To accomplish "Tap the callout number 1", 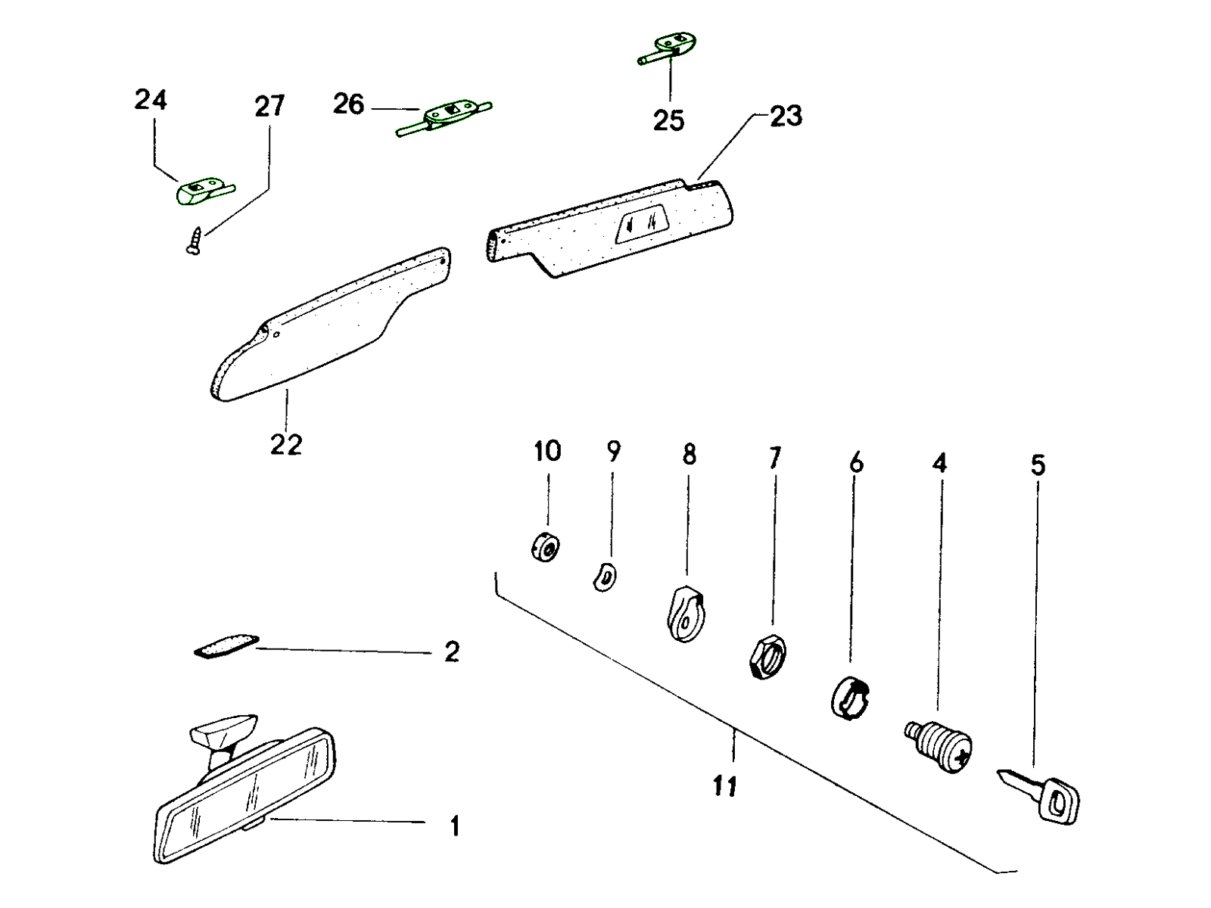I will point(454,826).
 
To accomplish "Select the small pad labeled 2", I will point(226,645).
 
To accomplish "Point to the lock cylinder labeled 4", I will point(939,746).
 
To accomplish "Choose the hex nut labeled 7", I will point(766,656).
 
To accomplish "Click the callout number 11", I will point(724,787).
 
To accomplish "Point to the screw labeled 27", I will point(194,241).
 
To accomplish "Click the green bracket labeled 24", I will point(198,191).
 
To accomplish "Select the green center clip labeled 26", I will point(443,116).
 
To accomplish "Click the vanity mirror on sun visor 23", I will point(640,226).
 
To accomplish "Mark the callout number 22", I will point(286,444).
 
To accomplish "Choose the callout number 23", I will point(786,117).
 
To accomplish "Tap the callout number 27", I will point(269,106).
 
